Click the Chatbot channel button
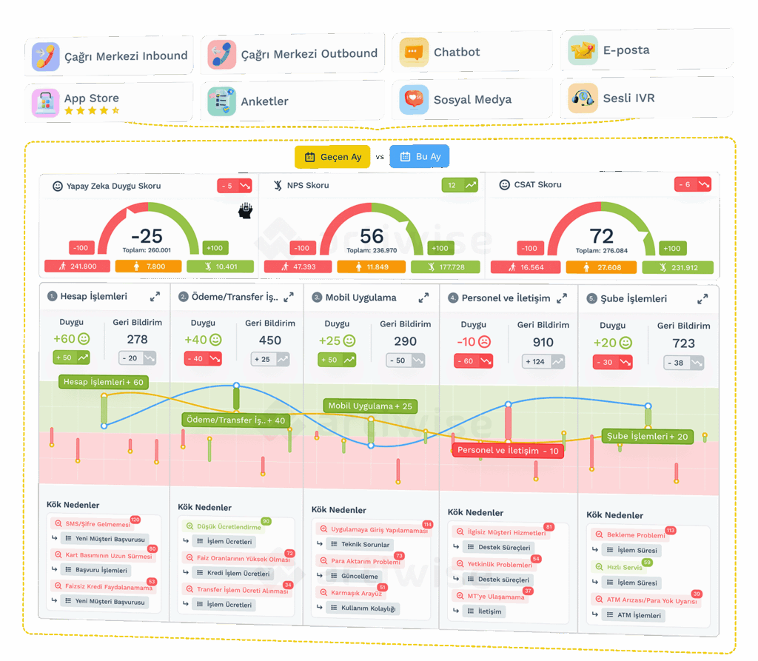(472, 52)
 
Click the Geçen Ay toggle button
(333, 157)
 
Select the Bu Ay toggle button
(420, 157)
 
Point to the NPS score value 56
(372, 236)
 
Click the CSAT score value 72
(602, 236)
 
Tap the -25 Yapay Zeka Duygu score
(147, 236)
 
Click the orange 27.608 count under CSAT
(602, 267)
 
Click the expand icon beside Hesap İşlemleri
(155, 296)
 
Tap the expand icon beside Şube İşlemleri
(702, 299)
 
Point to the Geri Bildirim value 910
(543, 343)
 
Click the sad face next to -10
(484, 342)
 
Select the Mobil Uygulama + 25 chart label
(370, 406)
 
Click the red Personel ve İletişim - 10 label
(508, 451)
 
